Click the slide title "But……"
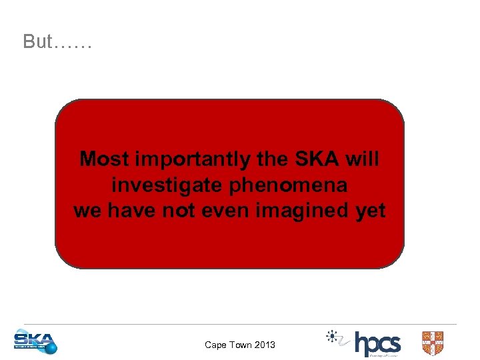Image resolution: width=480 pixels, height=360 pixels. pyautogui.click(x=57, y=41)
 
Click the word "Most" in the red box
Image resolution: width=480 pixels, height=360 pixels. pyautogui.click(x=105, y=159)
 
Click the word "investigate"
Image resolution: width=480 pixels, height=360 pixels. pyautogui.click(x=167, y=185)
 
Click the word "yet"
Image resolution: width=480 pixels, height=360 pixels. pyautogui.click(x=370, y=211)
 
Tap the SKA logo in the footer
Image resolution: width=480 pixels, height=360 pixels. pyautogui.click(x=35, y=342)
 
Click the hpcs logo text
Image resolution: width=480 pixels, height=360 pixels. pyautogui.click(x=377, y=344)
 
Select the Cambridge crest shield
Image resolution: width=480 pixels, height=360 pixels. pyautogui.click(x=433, y=343)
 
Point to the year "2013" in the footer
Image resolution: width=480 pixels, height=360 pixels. pyautogui.click(x=264, y=345)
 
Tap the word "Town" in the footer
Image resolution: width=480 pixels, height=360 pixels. pyautogui.click(x=240, y=345)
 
